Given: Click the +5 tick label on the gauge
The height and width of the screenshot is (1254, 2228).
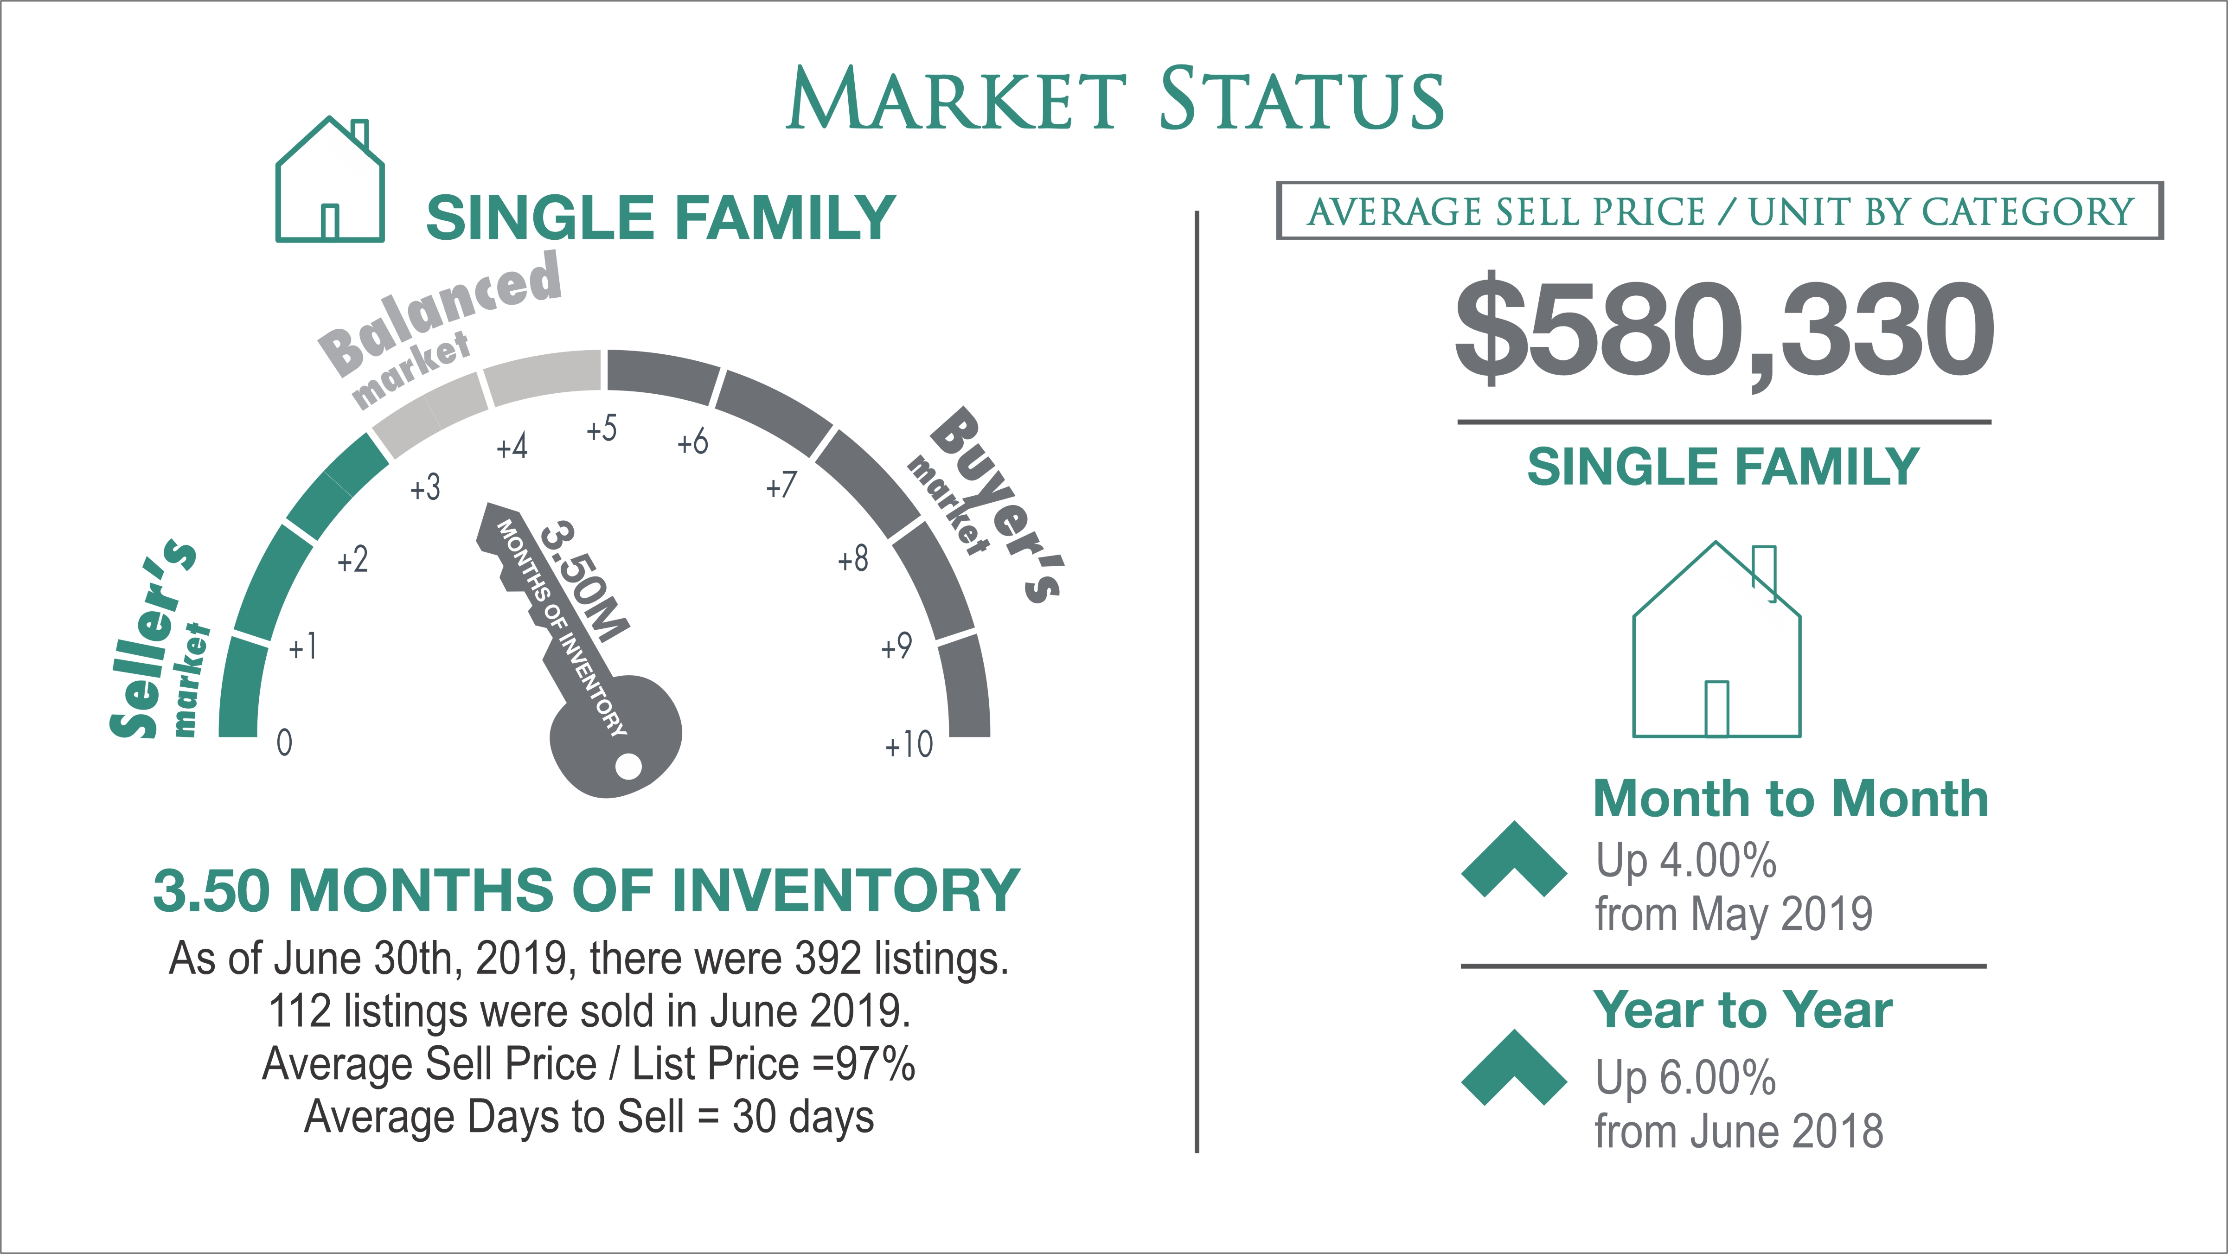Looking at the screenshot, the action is coord(602,428).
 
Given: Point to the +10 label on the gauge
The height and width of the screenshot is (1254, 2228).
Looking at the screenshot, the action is coord(909,744).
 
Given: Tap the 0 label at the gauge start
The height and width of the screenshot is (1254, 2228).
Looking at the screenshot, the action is coord(284,742).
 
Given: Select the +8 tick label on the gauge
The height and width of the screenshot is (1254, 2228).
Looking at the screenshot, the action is coord(853,559).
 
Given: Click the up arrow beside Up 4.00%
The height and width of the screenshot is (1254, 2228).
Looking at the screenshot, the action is coord(1514,859).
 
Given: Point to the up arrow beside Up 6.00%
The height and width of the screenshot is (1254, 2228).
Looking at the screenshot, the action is coord(1514,1067).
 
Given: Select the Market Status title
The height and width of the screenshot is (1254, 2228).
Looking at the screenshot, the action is coord(1115,99).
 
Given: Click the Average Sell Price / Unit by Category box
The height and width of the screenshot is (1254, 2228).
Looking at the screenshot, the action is coord(1719,210).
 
